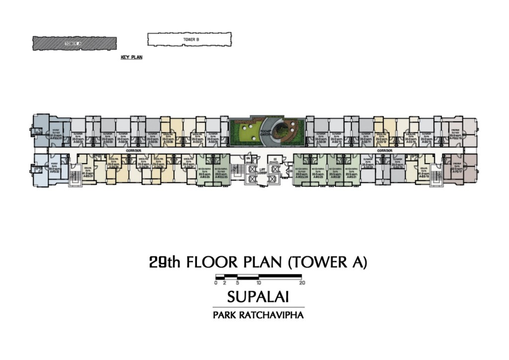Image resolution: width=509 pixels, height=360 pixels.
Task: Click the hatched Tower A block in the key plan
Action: [x=75, y=43]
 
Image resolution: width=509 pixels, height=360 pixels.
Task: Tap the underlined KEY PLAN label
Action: [x=132, y=58]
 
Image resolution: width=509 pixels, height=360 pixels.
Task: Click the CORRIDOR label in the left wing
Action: [x=134, y=150]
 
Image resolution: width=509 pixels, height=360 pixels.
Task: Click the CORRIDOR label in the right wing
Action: [x=384, y=150]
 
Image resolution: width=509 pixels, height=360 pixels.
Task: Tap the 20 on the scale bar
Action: [x=303, y=282]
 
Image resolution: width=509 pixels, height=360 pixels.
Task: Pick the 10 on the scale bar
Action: [x=259, y=282]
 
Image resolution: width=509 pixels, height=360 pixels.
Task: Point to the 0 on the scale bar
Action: [x=216, y=282]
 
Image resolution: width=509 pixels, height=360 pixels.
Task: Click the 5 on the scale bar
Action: [x=238, y=282]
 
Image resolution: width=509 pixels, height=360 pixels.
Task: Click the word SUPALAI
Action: [x=258, y=297]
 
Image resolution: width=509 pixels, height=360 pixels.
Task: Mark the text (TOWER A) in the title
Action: [x=328, y=263]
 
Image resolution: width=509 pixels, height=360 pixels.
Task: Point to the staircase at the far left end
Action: [x=75, y=175]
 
